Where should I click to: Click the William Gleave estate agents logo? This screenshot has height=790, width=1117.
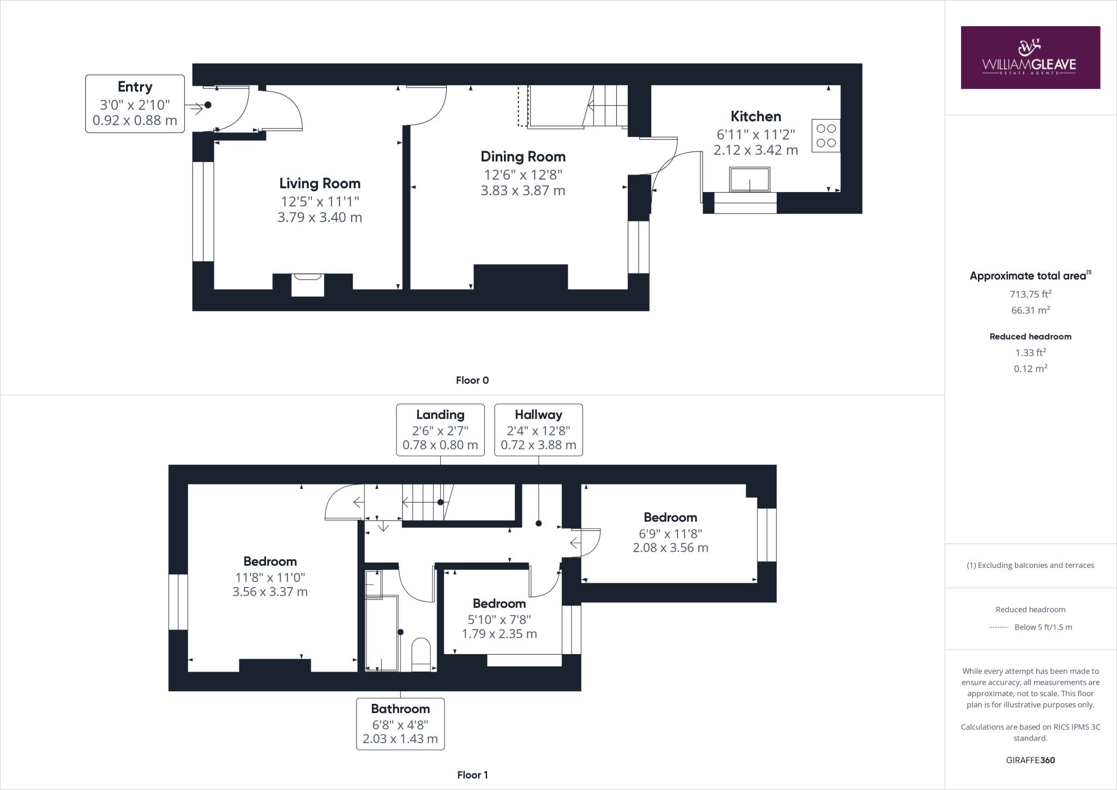(x=1030, y=57)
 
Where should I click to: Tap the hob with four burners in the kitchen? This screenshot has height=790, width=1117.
(x=826, y=136)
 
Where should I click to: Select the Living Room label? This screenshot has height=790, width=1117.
(x=320, y=183)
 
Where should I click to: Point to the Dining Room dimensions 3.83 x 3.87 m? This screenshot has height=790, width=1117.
(x=523, y=191)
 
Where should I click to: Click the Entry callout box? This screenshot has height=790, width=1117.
(x=135, y=104)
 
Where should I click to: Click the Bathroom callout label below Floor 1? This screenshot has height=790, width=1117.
(x=400, y=723)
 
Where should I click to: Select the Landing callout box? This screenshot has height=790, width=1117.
(x=440, y=430)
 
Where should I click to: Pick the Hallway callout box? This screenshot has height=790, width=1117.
(x=538, y=430)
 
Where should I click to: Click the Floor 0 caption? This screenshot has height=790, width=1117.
(x=472, y=380)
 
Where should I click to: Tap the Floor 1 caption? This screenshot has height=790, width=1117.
(x=472, y=775)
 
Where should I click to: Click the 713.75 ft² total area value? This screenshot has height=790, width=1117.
(x=1030, y=294)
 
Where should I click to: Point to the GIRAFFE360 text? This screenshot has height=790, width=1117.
(x=1030, y=760)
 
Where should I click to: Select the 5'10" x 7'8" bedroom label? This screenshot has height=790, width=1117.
(x=499, y=619)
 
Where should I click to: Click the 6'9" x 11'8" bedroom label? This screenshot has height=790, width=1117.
(x=670, y=533)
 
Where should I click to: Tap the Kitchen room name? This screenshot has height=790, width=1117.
(x=755, y=116)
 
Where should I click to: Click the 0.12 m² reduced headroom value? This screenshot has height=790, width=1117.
(x=1030, y=369)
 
